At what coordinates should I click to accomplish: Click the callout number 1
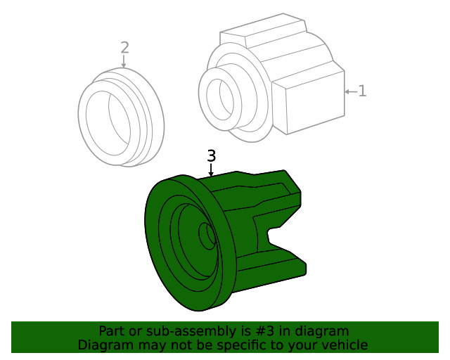tap(362, 91)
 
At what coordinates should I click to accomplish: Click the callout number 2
tap(124, 48)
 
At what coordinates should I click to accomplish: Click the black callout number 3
tap(211, 155)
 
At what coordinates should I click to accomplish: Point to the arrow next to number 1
tap(350, 91)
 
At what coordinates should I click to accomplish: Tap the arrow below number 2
tap(124, 62)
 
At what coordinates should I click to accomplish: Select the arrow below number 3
tap(211, 170)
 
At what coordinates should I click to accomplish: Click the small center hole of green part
tap(207, 236)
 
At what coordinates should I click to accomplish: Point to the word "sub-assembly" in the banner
tap(188, 331)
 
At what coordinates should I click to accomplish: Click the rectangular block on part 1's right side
tap(307, 105)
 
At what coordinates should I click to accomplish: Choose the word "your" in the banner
tap(303, 345)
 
